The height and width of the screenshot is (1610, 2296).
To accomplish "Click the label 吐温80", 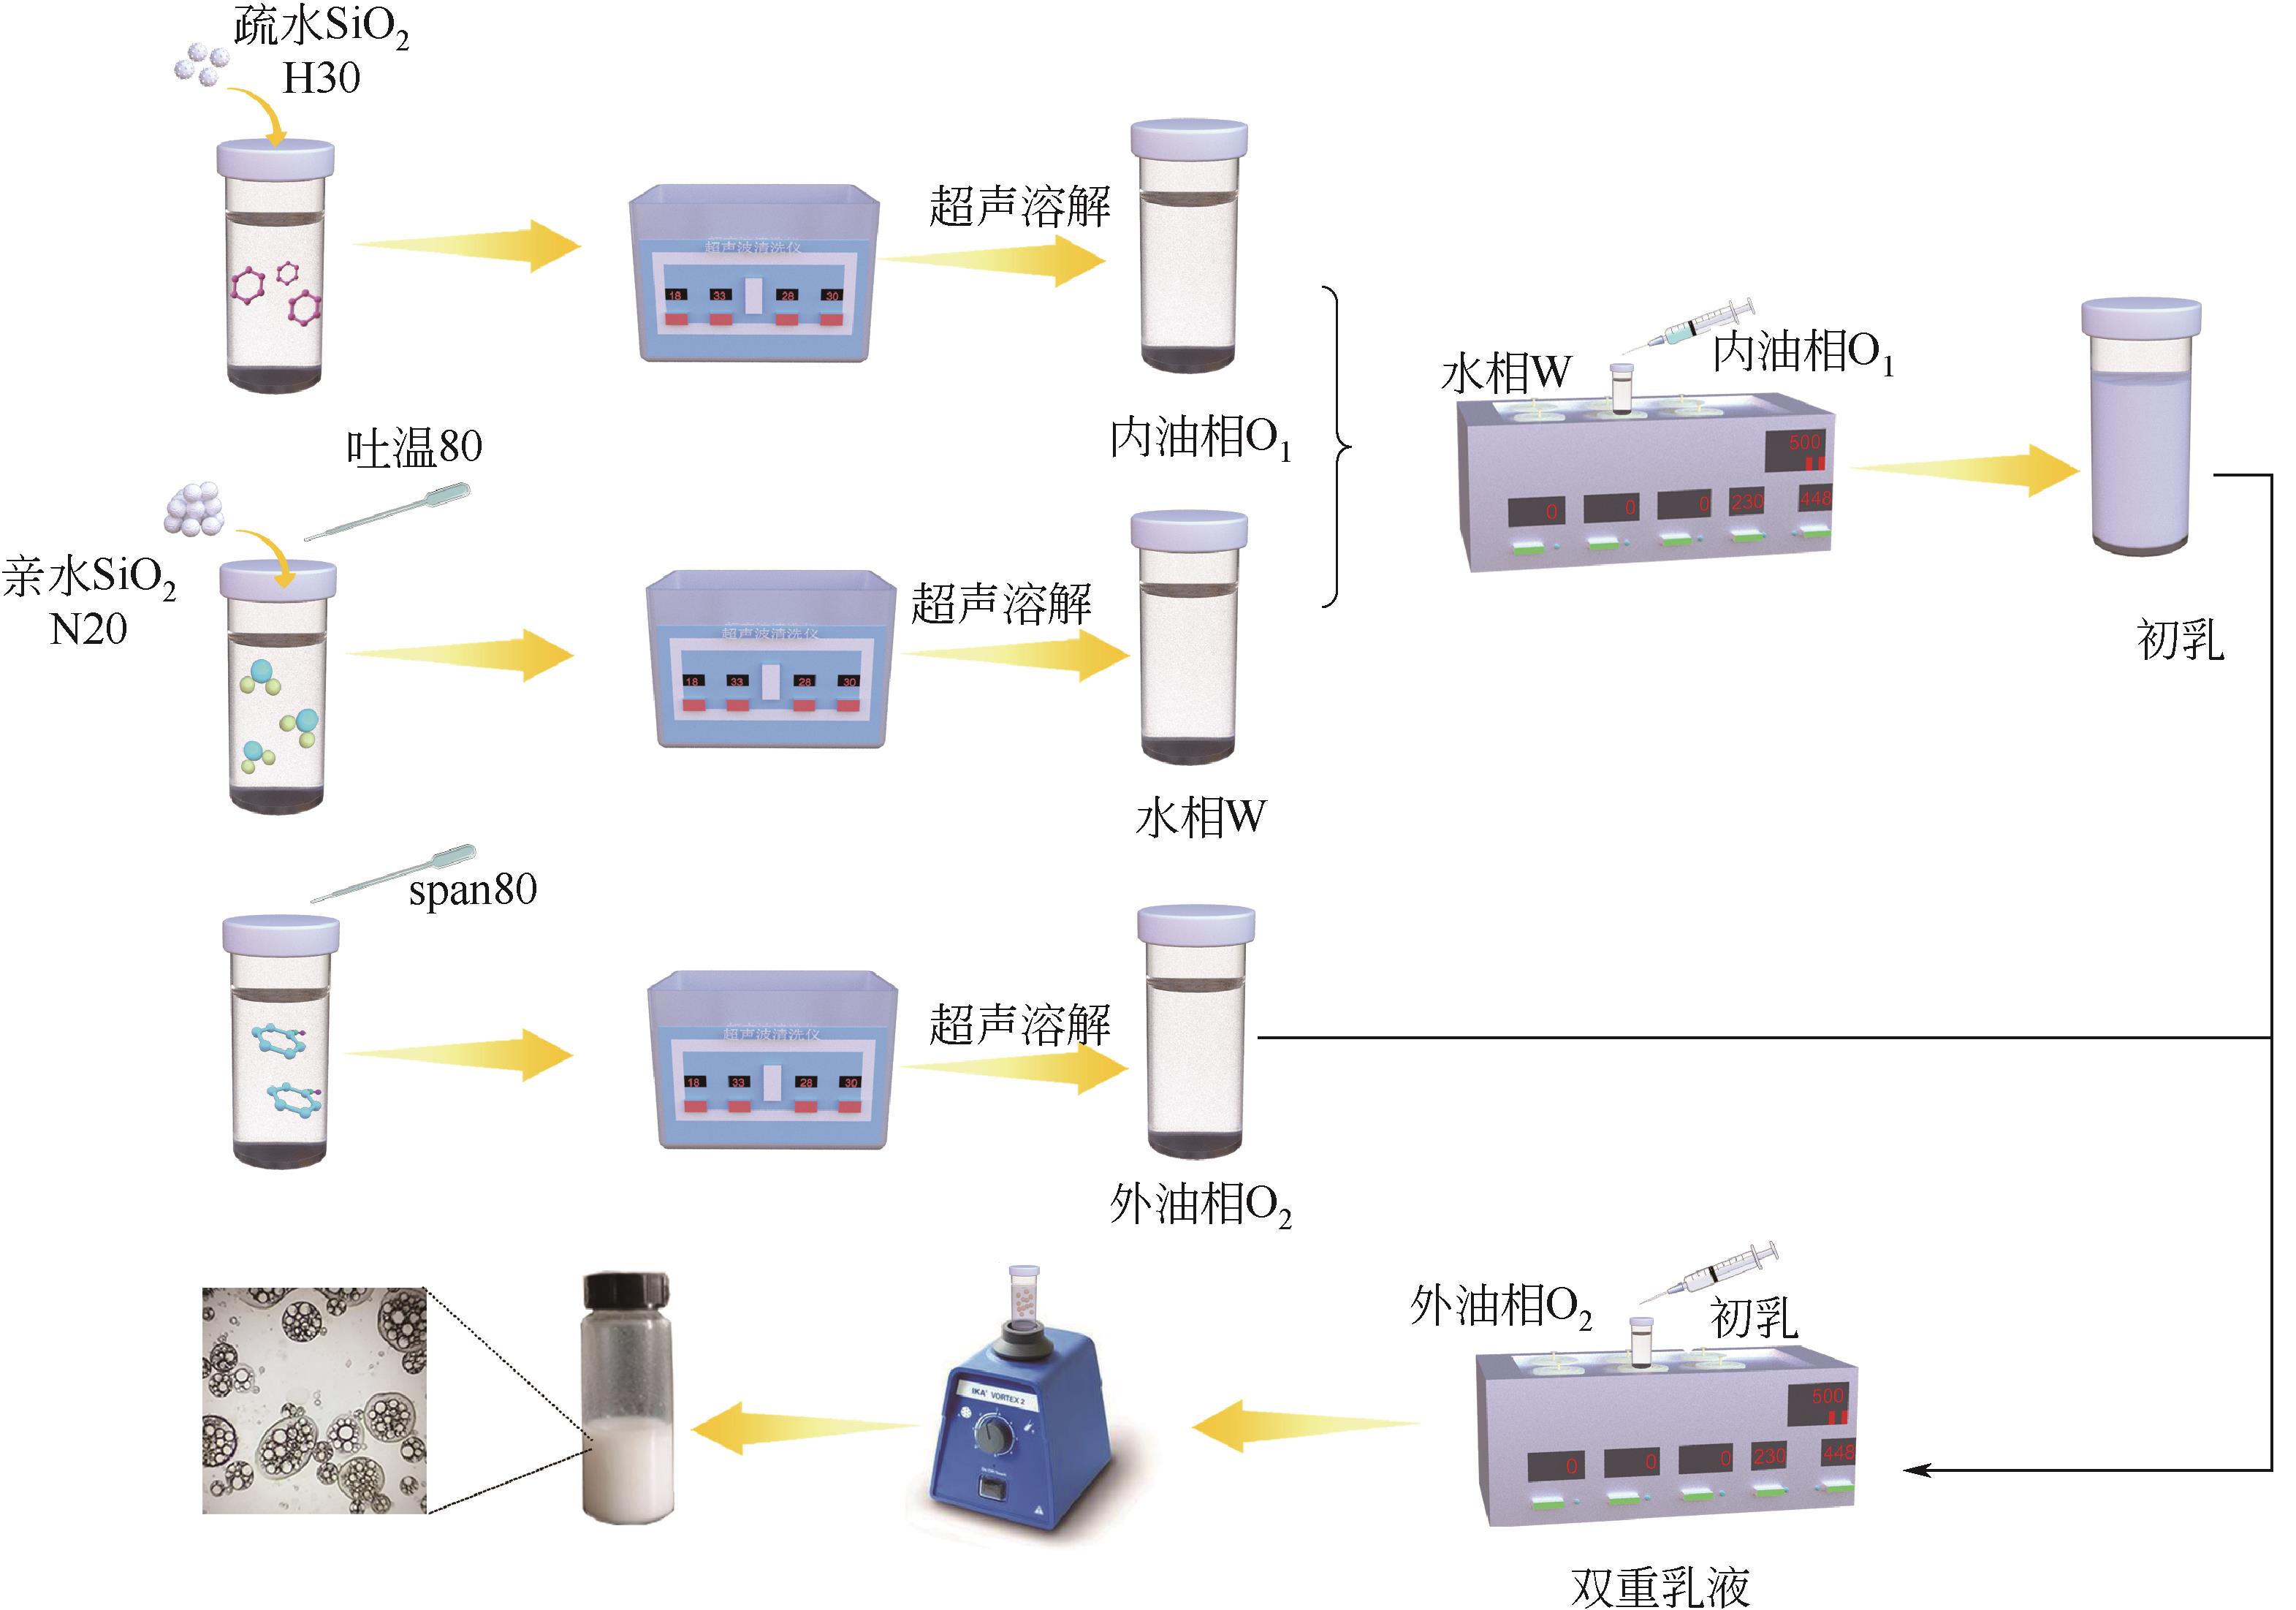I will pos(414,447).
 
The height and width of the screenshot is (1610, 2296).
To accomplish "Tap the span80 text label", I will pos(472,888).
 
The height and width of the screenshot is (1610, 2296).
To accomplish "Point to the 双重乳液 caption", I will pos(1661,1585).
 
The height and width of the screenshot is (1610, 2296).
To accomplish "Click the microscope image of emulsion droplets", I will pos(314,1400).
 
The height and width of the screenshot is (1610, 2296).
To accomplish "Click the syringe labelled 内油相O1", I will pos(1690,326).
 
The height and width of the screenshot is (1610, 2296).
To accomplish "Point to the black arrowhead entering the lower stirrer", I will pos(1915,1470).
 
